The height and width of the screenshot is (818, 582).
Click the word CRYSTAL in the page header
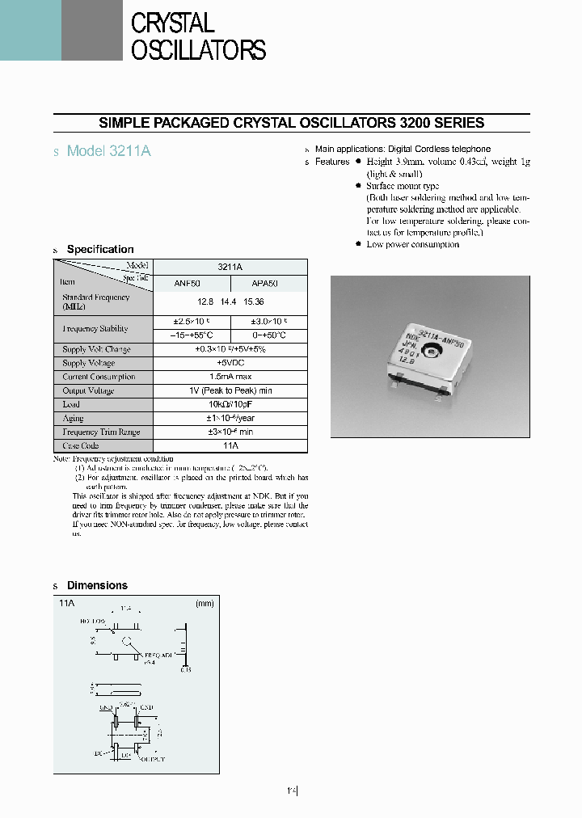(x=172, y=23)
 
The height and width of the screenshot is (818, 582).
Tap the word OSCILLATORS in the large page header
(x=198, y=50)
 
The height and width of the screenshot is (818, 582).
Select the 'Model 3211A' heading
(x=109, y=151)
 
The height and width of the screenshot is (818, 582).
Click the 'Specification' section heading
(x=100, y=249)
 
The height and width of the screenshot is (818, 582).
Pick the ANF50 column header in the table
(x=191, y=283)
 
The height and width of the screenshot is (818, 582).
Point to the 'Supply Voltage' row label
(x=89, y=363)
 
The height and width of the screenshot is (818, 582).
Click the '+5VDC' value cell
(x=230, y=363)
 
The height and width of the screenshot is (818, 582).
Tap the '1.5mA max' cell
(x=230, y=377)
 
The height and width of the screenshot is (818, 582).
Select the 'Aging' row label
(x=73, y=418)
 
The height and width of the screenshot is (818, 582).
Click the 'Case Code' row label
(x=81, y=445)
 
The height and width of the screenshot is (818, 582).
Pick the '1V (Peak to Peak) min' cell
(x=230, y=390)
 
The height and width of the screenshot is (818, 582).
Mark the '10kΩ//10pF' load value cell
(x=230, y=404)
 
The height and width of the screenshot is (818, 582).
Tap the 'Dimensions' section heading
(x=97, y=585)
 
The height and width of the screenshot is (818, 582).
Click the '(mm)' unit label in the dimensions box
(x=204, y=603)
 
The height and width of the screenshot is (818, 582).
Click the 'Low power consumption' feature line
(x=412, y=244)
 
